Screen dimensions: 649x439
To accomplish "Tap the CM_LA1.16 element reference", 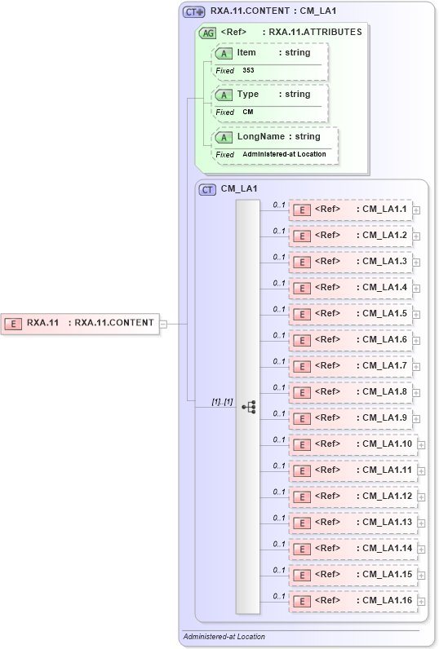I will (x=353, y=601).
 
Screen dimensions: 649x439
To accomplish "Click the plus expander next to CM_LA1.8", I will (x=416, y=393).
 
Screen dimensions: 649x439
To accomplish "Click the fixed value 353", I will (x=249, y=71).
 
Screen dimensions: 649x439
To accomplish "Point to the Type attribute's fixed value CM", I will (x=247, y=113).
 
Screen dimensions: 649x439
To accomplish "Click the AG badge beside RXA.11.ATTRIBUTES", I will (x=208, y=33).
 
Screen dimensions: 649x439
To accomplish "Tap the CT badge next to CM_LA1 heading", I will (x=208, y=189).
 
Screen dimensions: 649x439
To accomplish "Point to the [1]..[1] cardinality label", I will (x=223, y=402).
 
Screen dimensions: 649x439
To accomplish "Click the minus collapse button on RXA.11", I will (x=163, y=323).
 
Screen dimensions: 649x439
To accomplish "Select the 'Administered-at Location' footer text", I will (x=224, y=637).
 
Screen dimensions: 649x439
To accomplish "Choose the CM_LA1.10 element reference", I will (x=353, y=444).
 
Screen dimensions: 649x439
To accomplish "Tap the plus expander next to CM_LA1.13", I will (x=421, y=523).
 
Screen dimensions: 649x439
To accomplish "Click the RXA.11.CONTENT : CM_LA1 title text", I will (x=273, y=11).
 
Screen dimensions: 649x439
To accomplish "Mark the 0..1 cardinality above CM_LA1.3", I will (x=279, y=257).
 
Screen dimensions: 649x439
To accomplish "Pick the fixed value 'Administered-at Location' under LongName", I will (x=284, y=154).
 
